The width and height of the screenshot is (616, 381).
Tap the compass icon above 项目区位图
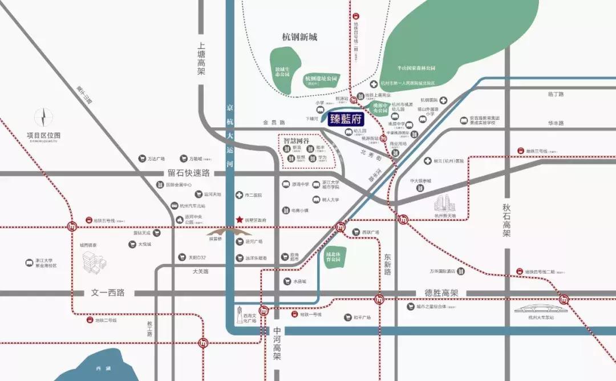click(43, 117)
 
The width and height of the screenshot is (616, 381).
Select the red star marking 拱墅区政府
click(239, 220)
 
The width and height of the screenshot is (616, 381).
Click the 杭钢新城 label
click(299, 37)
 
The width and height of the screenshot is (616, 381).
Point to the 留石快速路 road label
click(189, 172)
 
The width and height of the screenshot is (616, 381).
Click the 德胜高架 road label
click(441, 293)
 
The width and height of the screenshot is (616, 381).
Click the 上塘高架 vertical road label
click(201, 59)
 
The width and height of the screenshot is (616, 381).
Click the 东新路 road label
click(387, 264)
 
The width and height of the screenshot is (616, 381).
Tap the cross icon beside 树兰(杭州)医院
click(427, 161)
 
